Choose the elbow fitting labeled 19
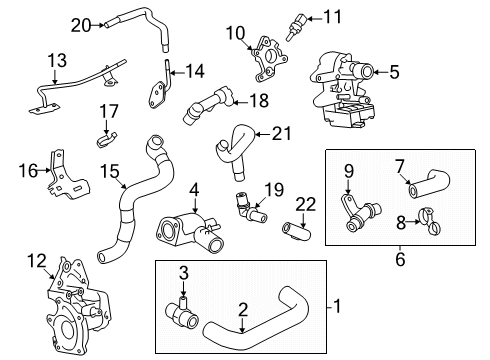tap(246, 210)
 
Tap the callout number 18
tap(258, 100)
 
